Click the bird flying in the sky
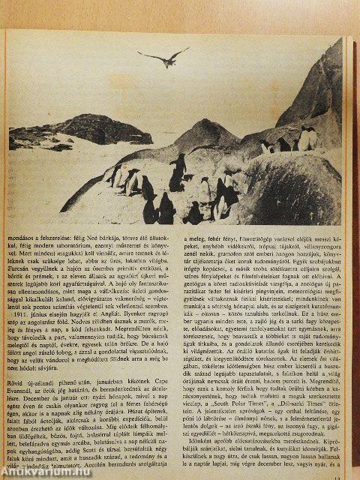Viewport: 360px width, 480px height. tap(166, 55)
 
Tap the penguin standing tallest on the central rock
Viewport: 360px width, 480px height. tap(177, 172)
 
